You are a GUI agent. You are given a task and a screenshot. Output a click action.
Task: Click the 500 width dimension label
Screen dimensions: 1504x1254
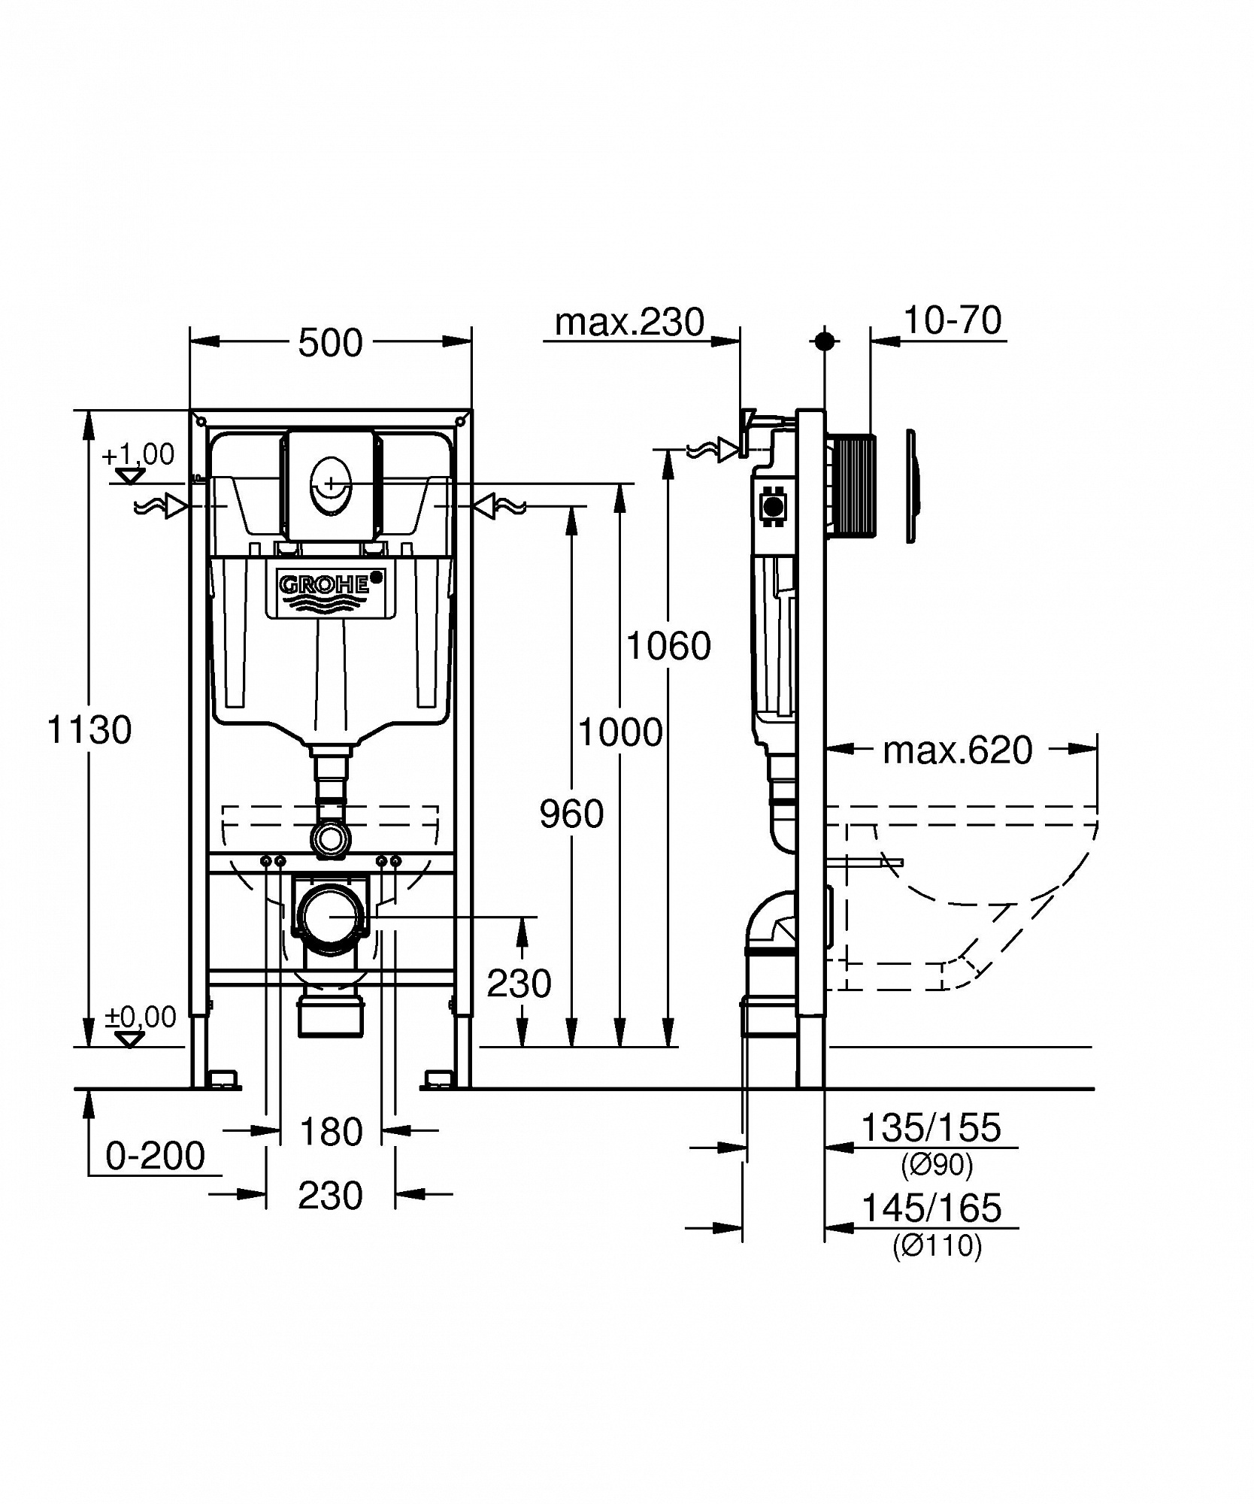[x=330, y=344]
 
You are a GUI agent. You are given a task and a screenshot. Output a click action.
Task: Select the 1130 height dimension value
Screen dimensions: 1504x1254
[x=89, y=729]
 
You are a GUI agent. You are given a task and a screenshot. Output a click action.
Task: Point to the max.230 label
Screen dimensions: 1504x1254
[x=629, y=323]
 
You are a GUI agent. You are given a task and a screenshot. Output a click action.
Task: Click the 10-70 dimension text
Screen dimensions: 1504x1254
[x=952, y=320]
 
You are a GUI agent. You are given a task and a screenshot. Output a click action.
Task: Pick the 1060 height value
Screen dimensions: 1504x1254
[x=668, y=646]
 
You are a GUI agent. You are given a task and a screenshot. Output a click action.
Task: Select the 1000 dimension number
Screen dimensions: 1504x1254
[x=620, y=732]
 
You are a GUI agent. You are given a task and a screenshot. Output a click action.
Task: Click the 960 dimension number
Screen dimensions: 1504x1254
[x=571, y=814]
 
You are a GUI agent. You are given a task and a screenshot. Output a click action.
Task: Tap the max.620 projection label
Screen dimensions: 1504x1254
[x=957, y=750]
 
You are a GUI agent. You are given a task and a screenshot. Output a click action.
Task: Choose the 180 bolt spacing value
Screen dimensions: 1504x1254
[x=331, y=1132]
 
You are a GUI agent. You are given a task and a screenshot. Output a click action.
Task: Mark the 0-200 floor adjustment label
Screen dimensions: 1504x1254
[x=155, y=1156]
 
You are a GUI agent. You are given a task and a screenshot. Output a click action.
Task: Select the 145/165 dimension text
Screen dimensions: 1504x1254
[x=931, y=1208]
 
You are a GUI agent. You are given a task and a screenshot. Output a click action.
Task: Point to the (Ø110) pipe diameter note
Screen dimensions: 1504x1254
[x=937, y=1246]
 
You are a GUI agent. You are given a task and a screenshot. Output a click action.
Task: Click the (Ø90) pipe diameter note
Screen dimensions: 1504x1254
[x=937, y=1165]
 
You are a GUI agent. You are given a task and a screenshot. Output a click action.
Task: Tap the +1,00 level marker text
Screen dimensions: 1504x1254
[x=138, y=454]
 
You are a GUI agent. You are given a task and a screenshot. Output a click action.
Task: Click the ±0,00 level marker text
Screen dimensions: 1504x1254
[x=141, y=1017]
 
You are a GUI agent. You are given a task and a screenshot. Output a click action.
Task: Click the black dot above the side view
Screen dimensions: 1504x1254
[x=825, y=341]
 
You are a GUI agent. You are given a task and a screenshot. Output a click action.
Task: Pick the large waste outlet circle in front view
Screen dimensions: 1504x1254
[x=330, y=915]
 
